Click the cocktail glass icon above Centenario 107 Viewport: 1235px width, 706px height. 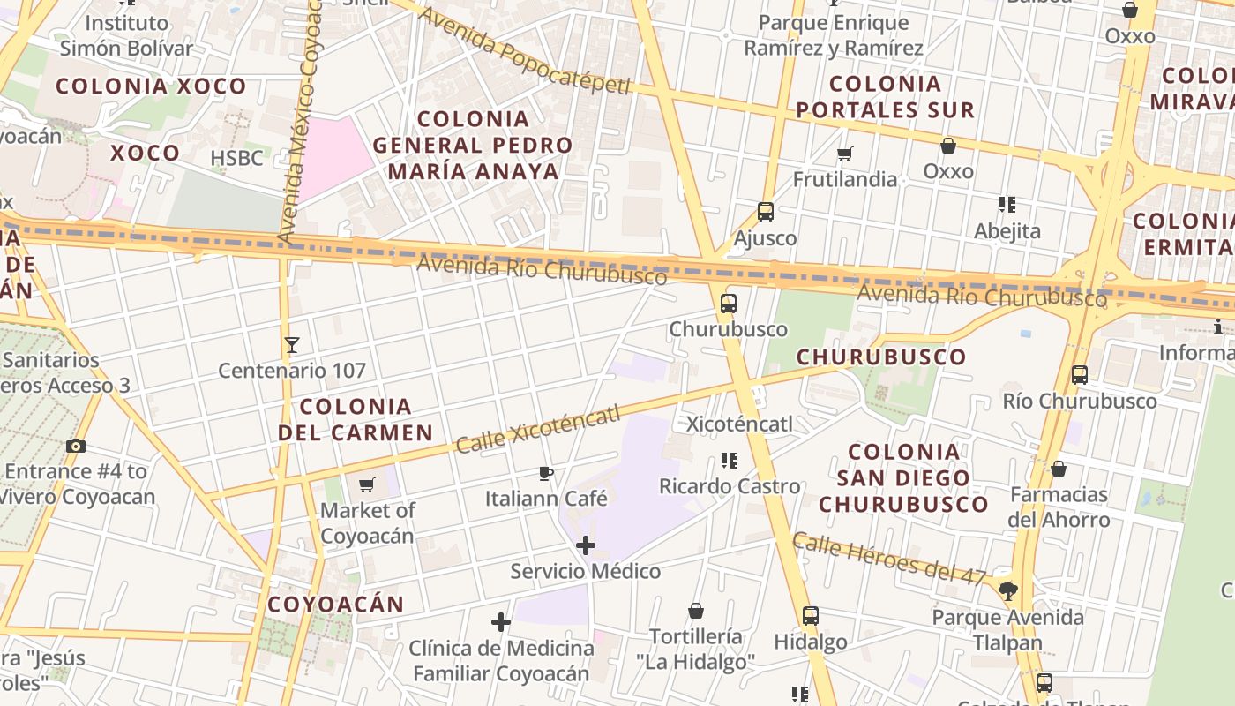tap(292, 344)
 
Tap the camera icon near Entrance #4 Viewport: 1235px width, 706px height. tap(76, 446)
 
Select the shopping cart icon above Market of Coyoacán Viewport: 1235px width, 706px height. tap(367, 484)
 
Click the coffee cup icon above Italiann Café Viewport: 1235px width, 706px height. tap(546, 474)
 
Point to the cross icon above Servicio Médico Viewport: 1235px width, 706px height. tap(585, 545)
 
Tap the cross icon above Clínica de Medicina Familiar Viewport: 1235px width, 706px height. tap(501, 622)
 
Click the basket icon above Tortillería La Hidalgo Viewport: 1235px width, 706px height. tap(696, 611)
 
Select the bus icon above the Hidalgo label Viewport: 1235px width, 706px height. tap(811, 616)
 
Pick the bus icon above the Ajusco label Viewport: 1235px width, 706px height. tap(766, 212)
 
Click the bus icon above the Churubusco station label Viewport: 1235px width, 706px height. tap(729, 304)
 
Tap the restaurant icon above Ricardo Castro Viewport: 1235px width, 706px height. tap(730, 461)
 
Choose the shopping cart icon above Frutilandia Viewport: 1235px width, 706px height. tap(844, 154)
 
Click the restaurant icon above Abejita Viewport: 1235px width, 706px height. tap(1007, 206)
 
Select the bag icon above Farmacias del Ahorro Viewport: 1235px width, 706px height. tap(1059, 469)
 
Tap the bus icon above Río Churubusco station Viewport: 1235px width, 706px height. tap(1080, 375)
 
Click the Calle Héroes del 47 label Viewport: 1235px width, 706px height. tap(888, 558)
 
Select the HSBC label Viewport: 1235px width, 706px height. tap(236, 158)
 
